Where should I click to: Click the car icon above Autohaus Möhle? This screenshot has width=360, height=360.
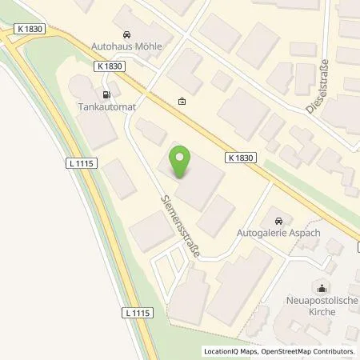(126, 34)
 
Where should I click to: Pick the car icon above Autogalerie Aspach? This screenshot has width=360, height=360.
(278, 220)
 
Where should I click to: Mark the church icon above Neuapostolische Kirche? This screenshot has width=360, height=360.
(322, 288)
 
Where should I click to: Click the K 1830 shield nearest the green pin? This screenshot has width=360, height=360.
(239, 158)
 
